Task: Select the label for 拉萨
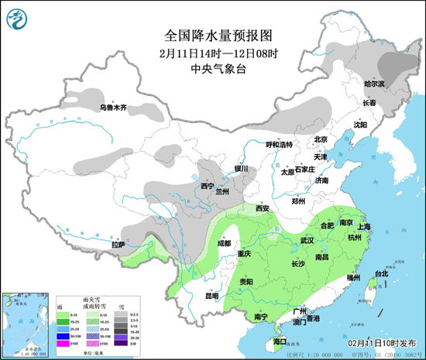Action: [118, 245]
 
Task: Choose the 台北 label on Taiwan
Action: [382, 274]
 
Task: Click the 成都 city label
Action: [224, 244]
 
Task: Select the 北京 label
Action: [321, 139]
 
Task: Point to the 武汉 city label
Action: [307, 241]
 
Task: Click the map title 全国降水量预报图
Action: [209, 35]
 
